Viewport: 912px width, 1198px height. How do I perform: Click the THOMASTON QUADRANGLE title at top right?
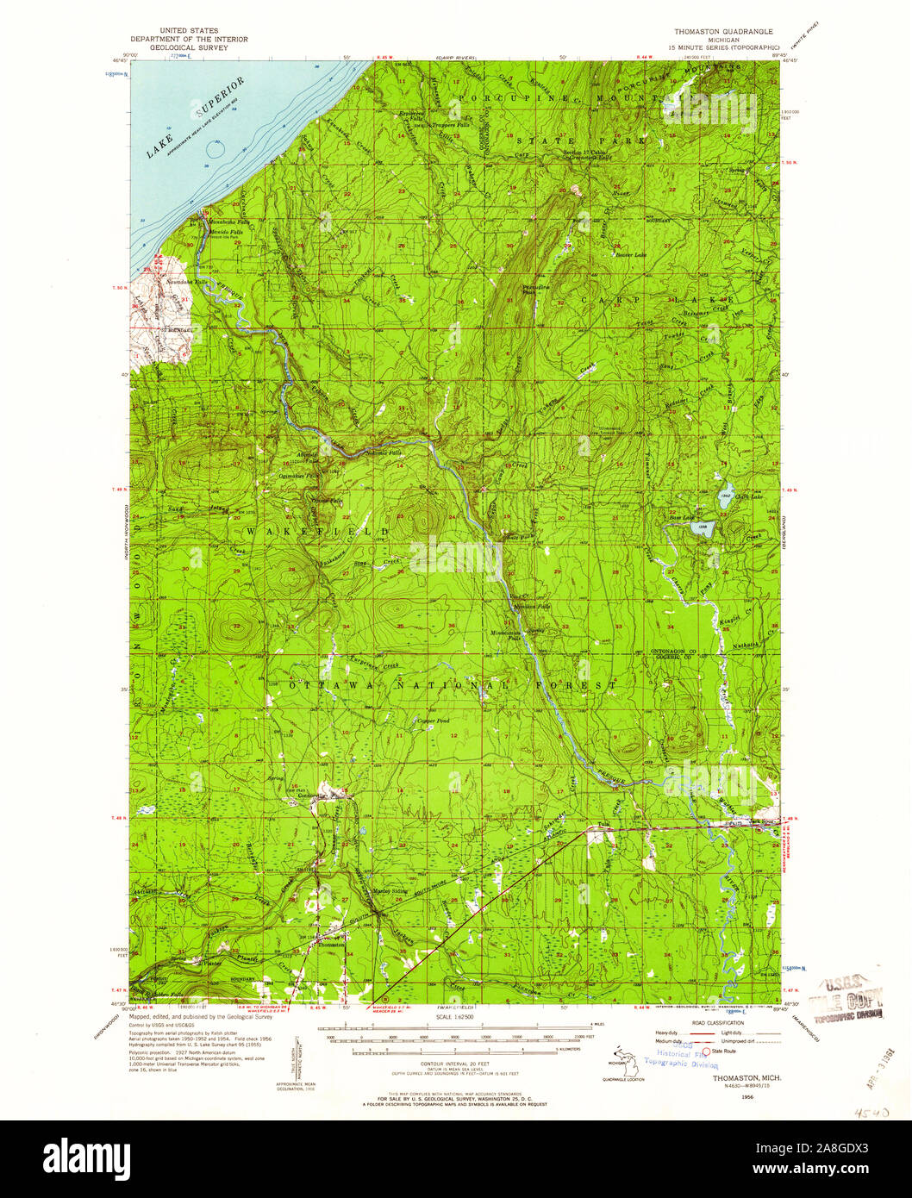click(717, 31)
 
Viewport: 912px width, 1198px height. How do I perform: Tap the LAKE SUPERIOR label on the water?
click(197, 117)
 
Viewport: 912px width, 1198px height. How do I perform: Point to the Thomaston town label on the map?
click(330, 945)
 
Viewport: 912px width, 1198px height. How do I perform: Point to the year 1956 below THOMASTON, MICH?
click(734, 1096)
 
